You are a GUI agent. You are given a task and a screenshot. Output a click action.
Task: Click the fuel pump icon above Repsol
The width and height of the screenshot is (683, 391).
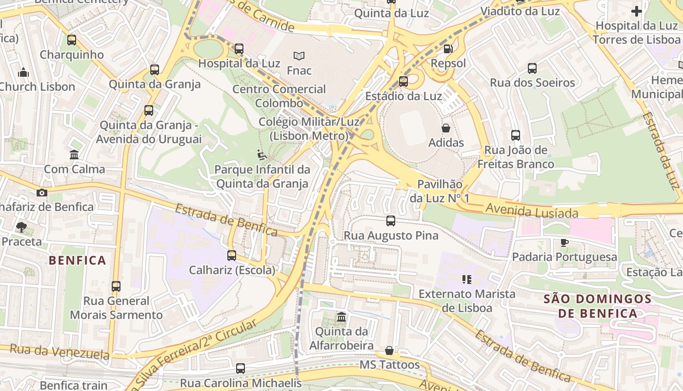(x=448, y=49)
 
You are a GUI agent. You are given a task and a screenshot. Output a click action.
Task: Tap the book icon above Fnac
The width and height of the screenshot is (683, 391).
(x=299, y=56)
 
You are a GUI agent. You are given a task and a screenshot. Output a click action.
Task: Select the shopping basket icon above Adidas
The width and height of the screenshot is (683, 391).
(x=446, y=129)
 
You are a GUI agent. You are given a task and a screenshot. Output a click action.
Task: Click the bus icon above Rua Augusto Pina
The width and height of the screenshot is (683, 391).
(x=391, y=221)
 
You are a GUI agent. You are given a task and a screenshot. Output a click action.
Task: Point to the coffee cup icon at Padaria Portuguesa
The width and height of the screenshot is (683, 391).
(x=564, y=242)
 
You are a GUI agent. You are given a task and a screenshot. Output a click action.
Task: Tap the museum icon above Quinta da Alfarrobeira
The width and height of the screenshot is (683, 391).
(x=341, y=317)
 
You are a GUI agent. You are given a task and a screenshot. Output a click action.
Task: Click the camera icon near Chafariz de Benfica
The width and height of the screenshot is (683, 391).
(x=42, y=193)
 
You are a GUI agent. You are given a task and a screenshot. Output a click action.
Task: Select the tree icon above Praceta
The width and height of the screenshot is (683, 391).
(x=21, y=227)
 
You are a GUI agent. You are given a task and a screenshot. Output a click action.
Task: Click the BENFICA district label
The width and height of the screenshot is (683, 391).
(x=77, y=260)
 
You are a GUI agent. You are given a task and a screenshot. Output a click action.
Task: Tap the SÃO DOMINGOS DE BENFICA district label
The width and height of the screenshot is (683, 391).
(x=598, y=306)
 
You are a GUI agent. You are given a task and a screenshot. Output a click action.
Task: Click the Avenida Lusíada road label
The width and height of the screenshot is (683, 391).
(x=532, y=211)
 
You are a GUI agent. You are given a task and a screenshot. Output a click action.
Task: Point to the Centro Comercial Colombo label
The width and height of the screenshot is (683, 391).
(x=279, y=96)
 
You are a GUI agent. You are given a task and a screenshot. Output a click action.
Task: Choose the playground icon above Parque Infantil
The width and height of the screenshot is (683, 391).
(x=262, y=155)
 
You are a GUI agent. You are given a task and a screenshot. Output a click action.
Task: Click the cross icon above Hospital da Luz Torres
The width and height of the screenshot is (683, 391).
(x=637, y=11)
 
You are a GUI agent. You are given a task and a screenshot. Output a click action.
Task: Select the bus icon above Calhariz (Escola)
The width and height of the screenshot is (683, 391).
(x=232, y=255)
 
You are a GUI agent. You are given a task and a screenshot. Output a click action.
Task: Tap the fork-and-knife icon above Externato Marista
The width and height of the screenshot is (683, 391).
(x=467, y=280)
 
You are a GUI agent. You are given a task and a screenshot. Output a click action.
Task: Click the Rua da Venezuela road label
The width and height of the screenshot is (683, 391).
(x=60, y=351)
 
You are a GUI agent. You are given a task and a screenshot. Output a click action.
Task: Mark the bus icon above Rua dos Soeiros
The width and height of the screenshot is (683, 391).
(x=532, y=68)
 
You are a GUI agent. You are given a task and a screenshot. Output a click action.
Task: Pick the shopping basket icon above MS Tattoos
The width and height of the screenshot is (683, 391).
(x=389, y=350)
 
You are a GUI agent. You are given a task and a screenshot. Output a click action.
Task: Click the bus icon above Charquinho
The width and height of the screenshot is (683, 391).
(x=72, y=40)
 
